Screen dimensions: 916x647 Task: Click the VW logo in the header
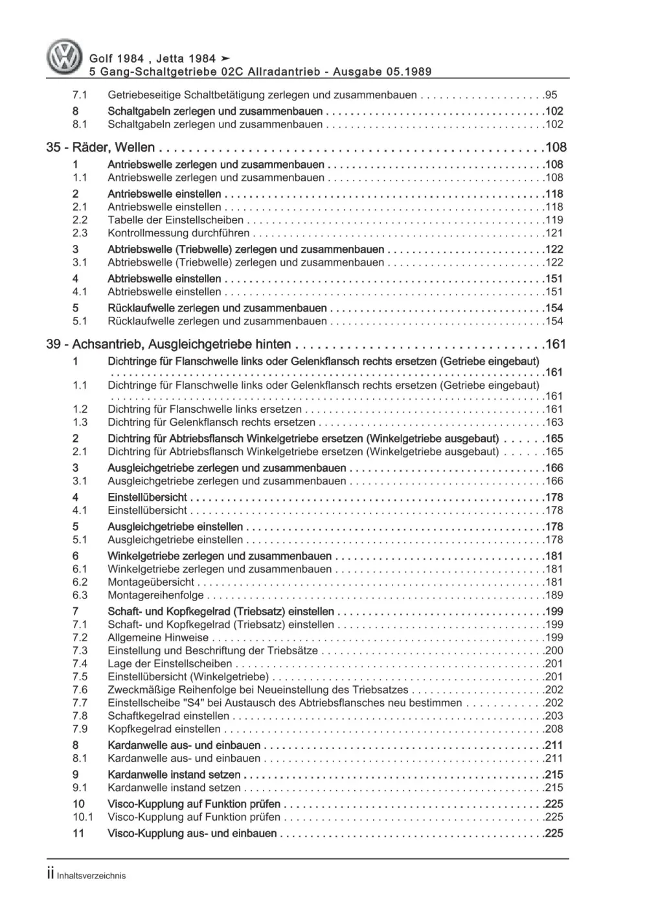click(65, 58)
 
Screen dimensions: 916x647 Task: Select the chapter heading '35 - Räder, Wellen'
click(100, 148)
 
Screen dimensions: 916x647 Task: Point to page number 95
click(551, 95)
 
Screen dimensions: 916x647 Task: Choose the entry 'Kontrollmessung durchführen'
click(178, 233)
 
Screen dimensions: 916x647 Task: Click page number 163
click(554, 422)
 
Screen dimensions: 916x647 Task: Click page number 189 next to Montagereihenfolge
click(554, 595)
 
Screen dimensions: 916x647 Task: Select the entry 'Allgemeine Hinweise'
click(158, 638)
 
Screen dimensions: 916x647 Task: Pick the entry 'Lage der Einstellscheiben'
click(170, 664)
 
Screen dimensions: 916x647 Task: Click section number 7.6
click(80, 690)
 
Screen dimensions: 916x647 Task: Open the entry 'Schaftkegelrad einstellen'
click(168, 716)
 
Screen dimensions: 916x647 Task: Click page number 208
click(554, 729)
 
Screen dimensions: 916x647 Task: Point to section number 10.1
click(82, 818)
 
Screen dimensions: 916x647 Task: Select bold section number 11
click(78, 834)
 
